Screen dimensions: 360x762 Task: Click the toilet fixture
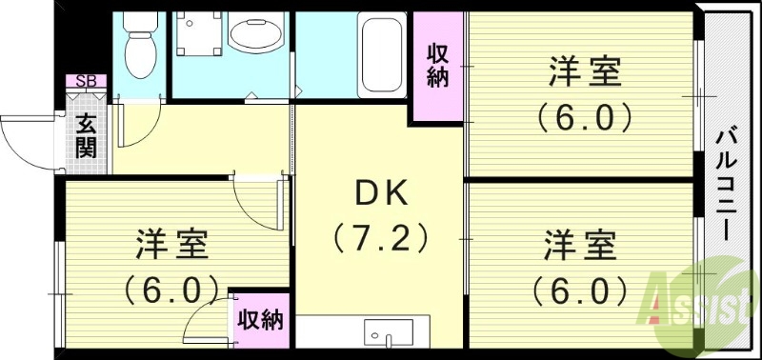point(139,48)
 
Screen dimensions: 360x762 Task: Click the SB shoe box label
point(85,81)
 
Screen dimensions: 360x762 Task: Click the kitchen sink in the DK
point(388,334)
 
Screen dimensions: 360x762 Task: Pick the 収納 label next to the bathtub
point(437,66)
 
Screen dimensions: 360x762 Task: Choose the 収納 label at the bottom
point(259,319)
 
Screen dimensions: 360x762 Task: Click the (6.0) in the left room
point(172,286)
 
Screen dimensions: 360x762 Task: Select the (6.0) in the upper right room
point(583,117)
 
